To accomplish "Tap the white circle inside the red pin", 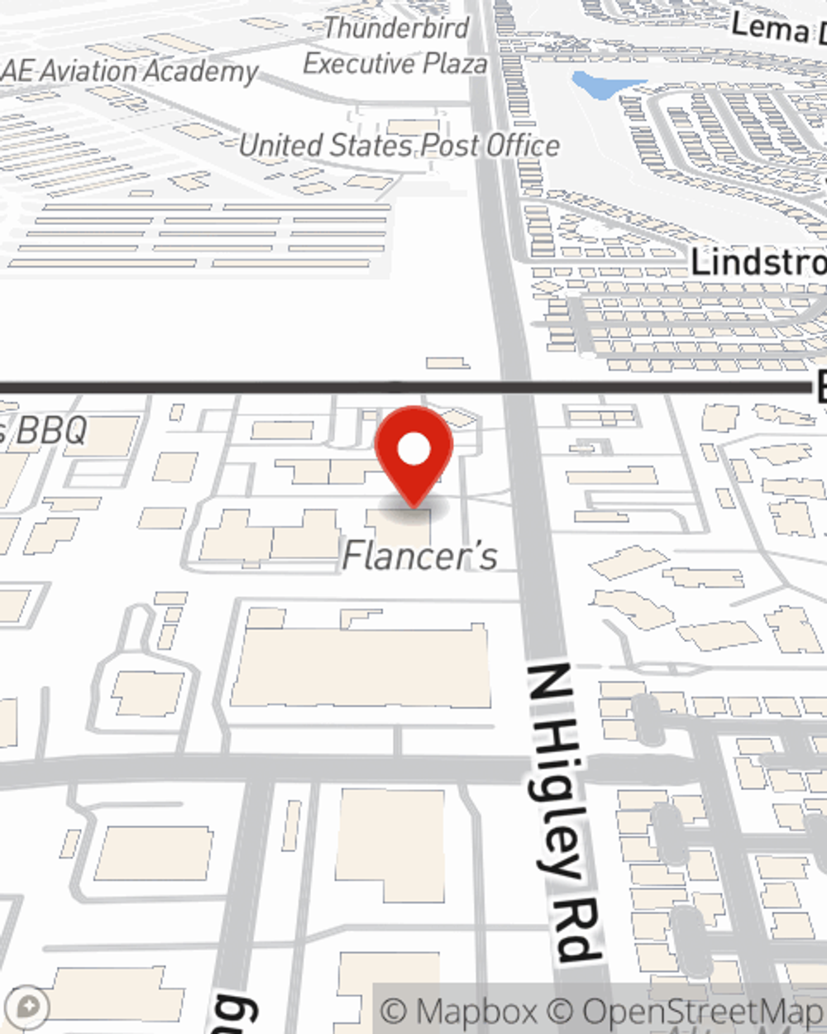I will click(413, 450).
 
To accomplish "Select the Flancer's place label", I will click(420, 556).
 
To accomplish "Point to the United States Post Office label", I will click(399, 146).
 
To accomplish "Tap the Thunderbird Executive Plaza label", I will click(395, 45).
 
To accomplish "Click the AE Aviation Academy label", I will click(131, 71).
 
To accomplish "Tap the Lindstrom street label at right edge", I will click(758, 262).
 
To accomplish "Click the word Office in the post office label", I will click(522, 146).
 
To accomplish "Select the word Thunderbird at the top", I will click(396, 28).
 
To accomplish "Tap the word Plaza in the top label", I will click(455, 64).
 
